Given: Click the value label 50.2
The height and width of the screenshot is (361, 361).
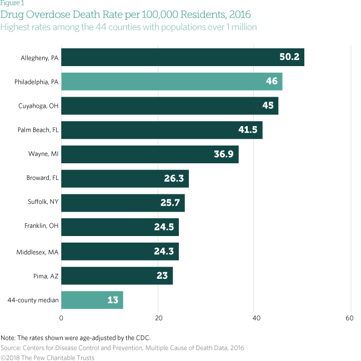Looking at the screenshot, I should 289,57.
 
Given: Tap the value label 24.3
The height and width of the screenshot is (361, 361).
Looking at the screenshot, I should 163,252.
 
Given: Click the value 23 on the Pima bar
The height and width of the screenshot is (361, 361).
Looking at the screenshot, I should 161,276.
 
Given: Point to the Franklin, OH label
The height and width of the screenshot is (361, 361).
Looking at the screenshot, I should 42,227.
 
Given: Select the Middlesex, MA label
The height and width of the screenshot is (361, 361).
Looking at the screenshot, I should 38,252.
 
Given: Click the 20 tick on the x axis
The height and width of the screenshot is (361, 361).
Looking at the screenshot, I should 158,319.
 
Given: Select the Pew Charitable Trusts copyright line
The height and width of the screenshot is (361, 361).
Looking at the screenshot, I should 47,357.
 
